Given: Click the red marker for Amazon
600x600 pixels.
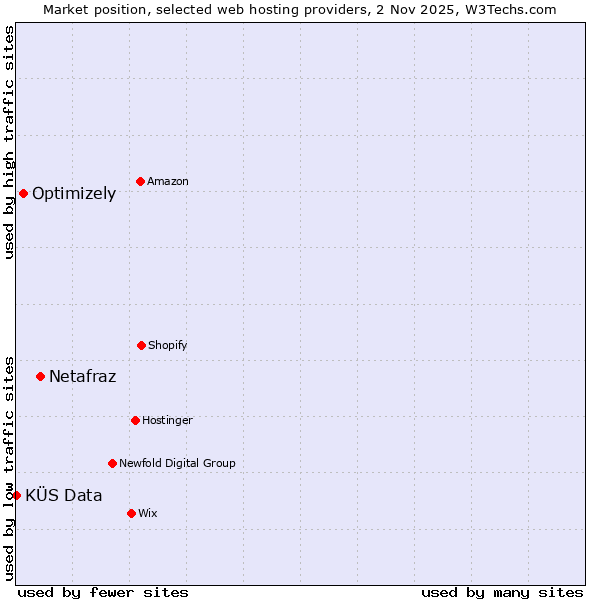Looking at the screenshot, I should (x=140, y=181).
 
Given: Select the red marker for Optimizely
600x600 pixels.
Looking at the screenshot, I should (x=23, y=193).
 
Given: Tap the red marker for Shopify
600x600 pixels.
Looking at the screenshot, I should (x=141, y=345).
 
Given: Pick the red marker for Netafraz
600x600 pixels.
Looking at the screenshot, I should (x=40, y=376).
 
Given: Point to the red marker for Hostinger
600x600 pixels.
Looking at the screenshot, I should (x=135, y=420).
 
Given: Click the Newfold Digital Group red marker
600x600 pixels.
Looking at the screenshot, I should (x=112, y=463).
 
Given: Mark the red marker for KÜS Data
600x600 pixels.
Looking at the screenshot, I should (x=16, y=495).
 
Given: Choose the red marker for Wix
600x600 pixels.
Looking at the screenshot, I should (x=131, y=513).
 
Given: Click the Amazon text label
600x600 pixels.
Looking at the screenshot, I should (x=168, y=181).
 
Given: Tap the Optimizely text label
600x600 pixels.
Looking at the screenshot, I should (x=74, y=193).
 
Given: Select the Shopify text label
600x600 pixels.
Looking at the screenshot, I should (x=168, y=345).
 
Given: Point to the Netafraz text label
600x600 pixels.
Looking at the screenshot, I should (x=82, y=376).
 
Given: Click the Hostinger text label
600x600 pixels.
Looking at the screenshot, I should (x=167, y=420).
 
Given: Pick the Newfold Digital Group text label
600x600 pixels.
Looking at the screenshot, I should (x=177, y=463).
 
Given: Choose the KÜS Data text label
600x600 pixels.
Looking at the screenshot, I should (x=64, y=495).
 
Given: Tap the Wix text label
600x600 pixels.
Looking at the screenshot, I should (x=148, y=513).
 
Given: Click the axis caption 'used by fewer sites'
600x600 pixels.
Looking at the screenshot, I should (x=103, y=592).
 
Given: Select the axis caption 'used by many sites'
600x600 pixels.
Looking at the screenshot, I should (x=502, y=592).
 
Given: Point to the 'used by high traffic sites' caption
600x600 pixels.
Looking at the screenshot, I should (x=9, y=142).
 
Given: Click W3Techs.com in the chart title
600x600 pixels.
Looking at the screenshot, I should (x=508, y=9).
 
